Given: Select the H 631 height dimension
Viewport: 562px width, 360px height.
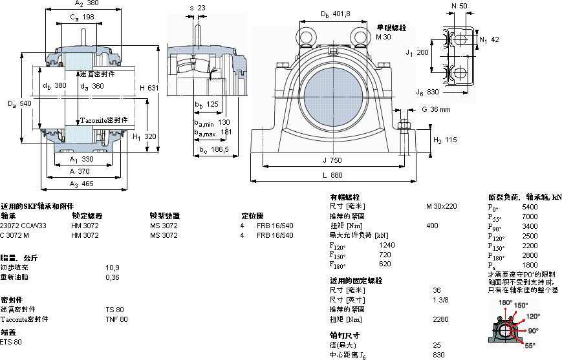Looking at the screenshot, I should coord(149,87).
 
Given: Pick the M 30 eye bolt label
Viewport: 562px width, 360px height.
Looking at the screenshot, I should coord(384,37).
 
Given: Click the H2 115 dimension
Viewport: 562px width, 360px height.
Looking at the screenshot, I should coord(444,140).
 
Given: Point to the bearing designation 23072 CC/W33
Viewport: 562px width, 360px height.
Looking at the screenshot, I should coord(24,226).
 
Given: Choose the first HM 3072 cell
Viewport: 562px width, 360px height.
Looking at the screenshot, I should coord(85,226).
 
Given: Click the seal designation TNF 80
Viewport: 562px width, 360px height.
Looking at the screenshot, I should coord(116,319).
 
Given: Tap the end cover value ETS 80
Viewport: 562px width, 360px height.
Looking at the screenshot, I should coord(11,342).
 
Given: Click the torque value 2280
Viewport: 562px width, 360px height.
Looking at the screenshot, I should coord(441,319).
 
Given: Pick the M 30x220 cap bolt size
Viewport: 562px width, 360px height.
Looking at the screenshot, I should coord(441,206).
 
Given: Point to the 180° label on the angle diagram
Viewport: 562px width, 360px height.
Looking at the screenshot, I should coord(505,302).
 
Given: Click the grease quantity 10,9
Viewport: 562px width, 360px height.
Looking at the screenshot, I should coord(113,268).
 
